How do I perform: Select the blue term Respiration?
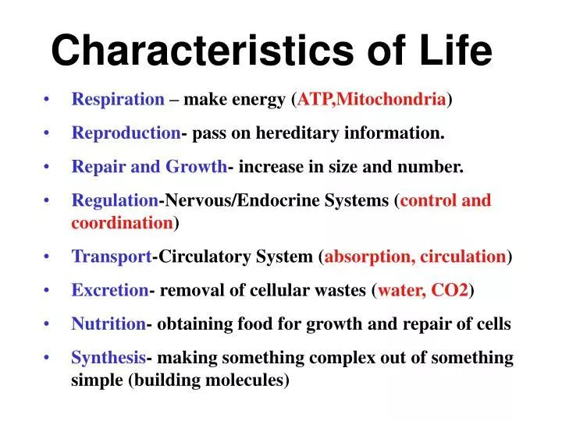pos(118,100)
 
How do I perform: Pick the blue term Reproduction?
pos(126,133)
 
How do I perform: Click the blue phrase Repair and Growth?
pos(149,167)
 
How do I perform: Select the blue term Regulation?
pos(115,200)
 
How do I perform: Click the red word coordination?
pos(123,223)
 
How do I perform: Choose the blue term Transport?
pos(112,256)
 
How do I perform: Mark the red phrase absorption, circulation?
pos(415,256)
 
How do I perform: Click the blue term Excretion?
pos(109,291)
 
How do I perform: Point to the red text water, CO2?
pos(423,291)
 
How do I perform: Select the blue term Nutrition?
pos(108,324)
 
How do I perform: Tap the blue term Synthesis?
pos(108,358)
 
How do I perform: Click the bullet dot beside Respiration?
pos(48,101)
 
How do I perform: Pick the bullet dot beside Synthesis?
pos(48,359)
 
